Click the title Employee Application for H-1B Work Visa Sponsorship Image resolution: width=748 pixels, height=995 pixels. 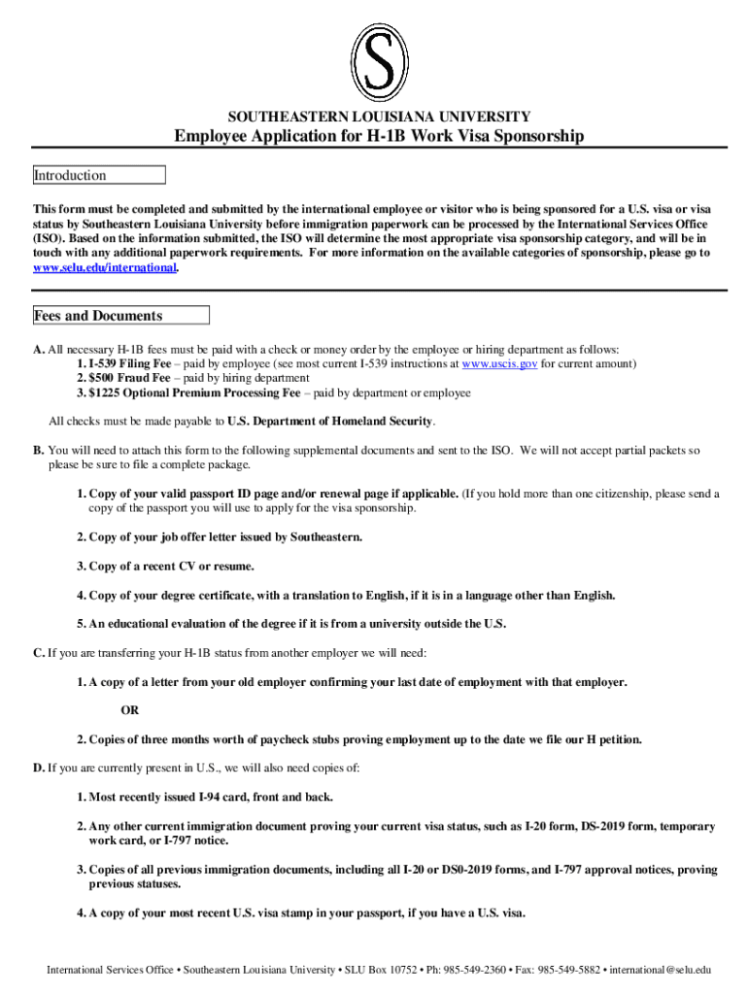click(x=379, y=136)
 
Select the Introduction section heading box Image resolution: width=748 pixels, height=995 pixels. click(x=99, y=176)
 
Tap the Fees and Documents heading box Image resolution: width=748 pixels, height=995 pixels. click(x=120, y=316)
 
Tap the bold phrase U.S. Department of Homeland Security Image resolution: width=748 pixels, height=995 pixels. click(x=331, y=422)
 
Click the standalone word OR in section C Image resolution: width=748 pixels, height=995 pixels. click(x=129, y=709)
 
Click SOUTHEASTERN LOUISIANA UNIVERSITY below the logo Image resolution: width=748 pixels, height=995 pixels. click(x=379, y=116)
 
